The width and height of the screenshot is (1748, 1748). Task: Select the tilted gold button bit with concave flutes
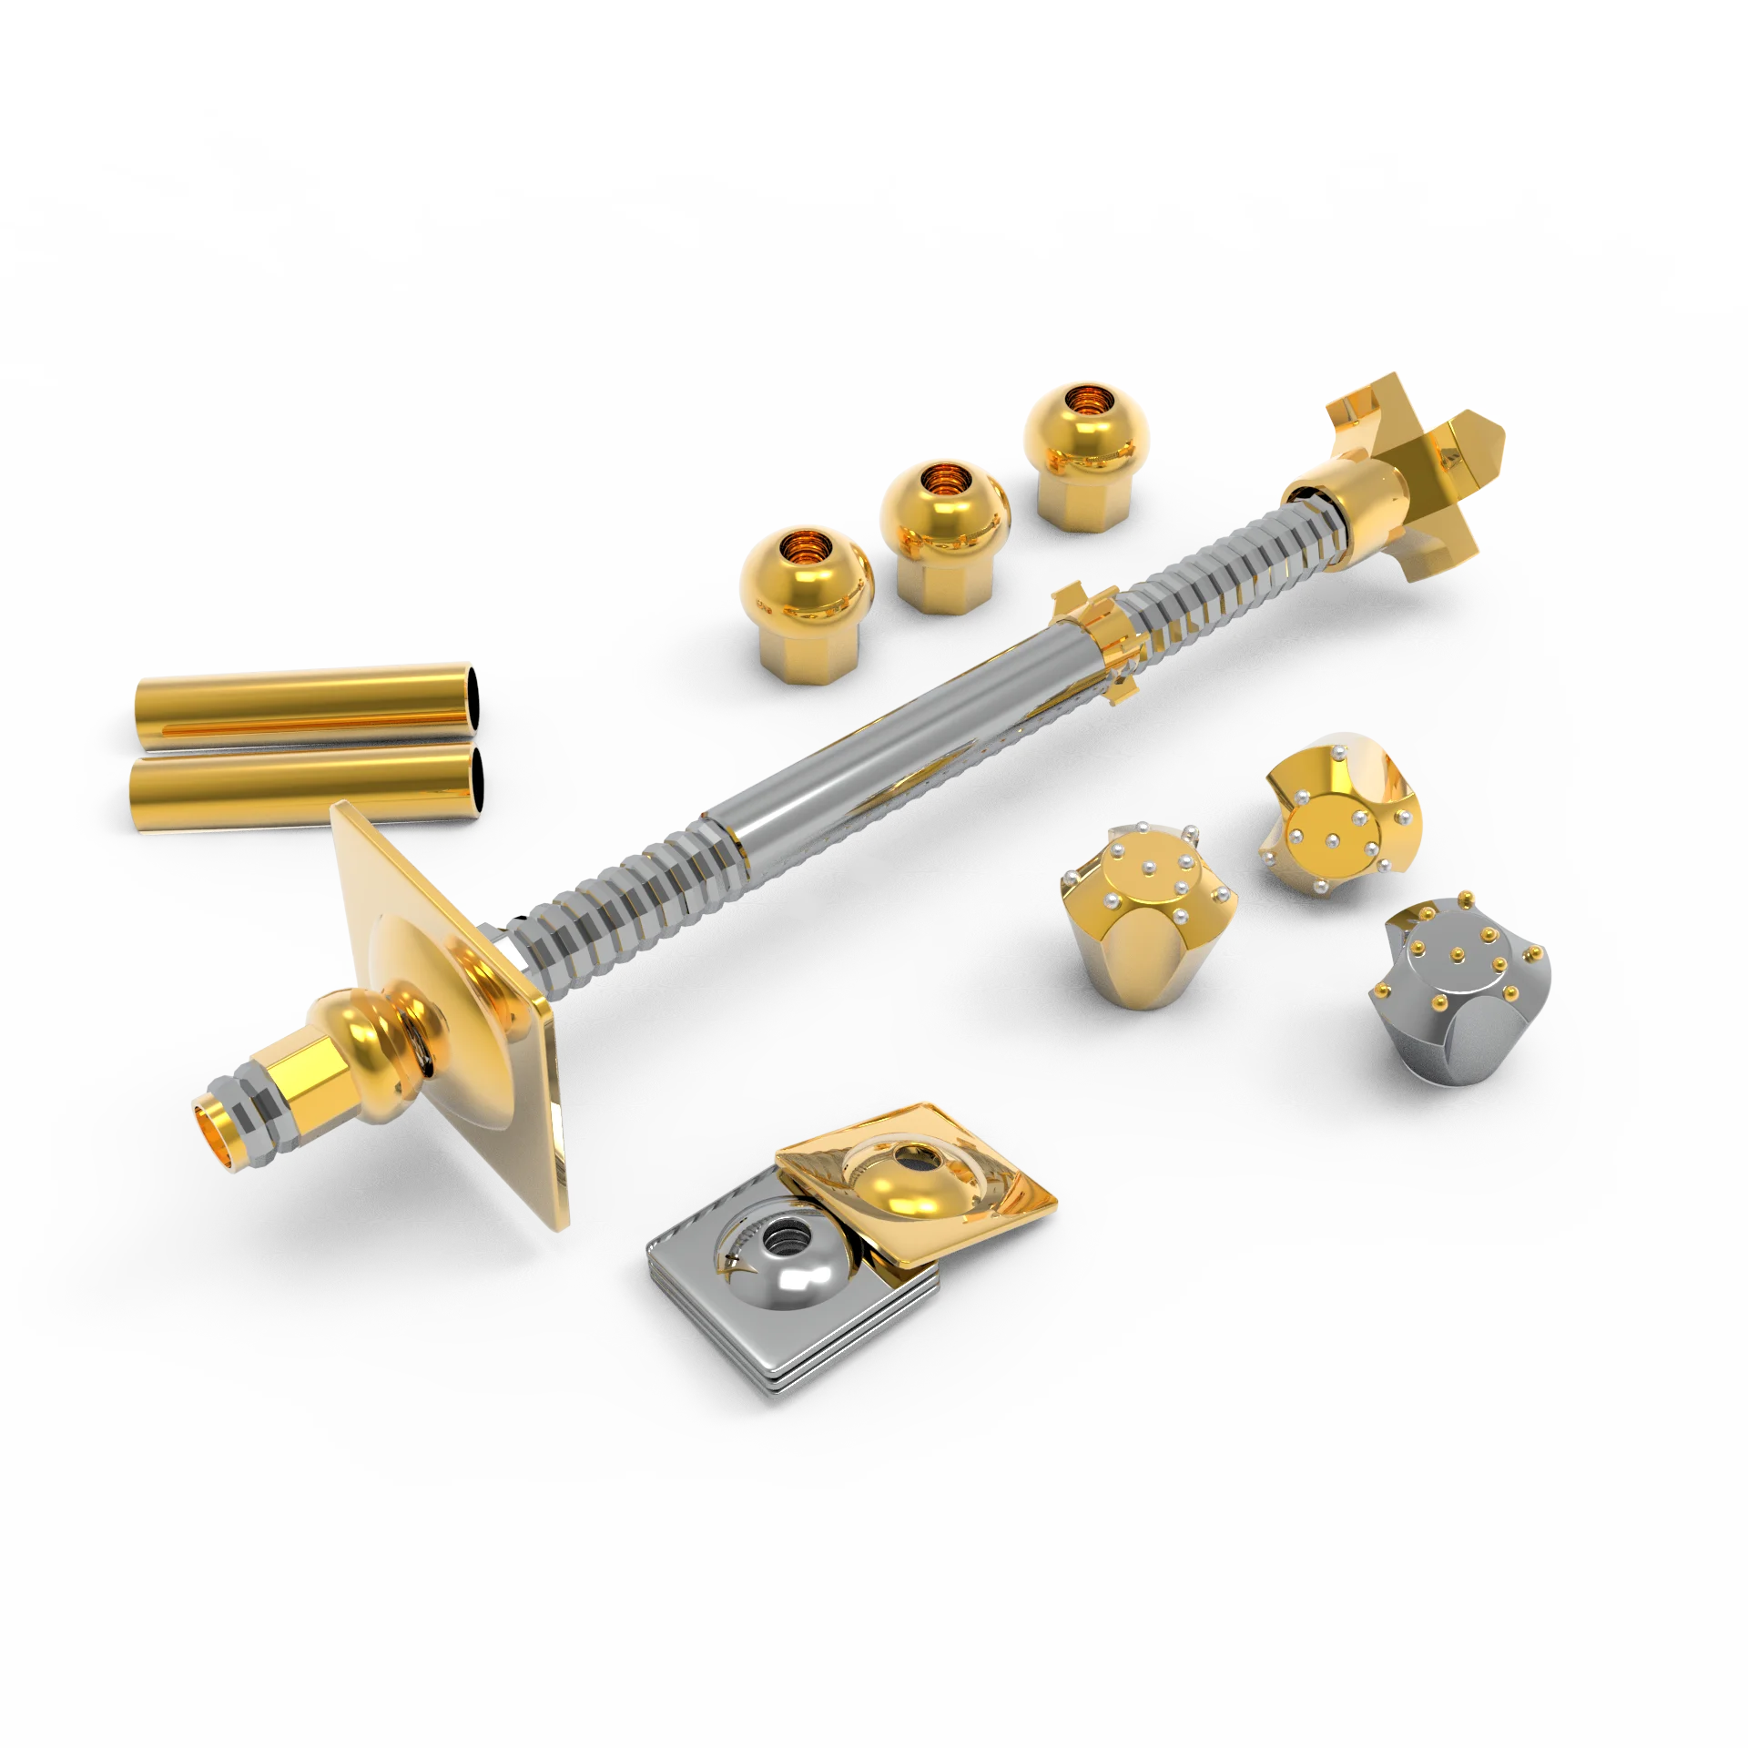[1338, 819]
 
